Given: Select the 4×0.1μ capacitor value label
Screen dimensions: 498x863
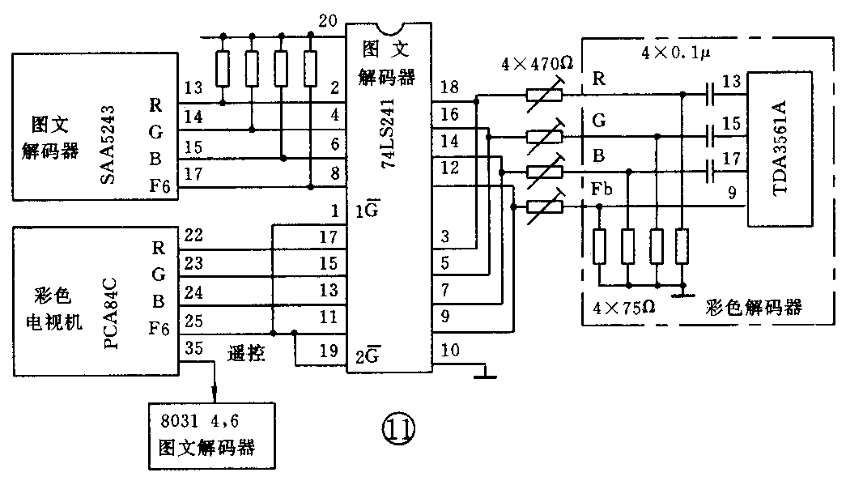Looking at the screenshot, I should pyautogui.click(x=674, y=53).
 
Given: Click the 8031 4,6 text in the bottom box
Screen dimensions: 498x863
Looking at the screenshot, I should pyautogui.click(x=195, y=422).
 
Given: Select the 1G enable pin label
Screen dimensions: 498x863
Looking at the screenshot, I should pyautogui.click(x=363, y=213).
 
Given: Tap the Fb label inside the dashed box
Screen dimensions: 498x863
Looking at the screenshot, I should pyautogui.click(x=601, y=190).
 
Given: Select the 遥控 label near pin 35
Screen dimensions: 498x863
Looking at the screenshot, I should pyautogui.click(x=246, y=353).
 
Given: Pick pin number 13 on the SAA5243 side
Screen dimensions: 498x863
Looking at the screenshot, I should pyautogui.click(x=193, y=87).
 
